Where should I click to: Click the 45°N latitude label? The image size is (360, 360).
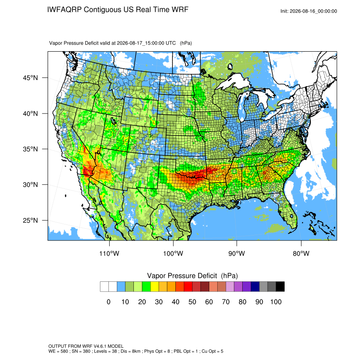click(30, 78)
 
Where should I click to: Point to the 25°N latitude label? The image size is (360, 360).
click(30, 220)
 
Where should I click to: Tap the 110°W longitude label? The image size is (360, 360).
click(109, 253)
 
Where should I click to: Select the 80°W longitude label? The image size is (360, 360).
click(301, 253)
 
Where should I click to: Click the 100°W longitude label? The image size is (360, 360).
click(173, 253)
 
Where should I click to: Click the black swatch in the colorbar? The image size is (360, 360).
click(280, 287)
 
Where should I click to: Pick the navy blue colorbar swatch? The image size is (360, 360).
click(255, 287)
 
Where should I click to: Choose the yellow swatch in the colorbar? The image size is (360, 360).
click(155, 287)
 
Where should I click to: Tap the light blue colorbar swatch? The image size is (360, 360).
click(121, 287)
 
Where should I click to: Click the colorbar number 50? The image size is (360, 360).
click(192, 302)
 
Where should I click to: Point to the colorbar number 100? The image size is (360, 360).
click(276, 302)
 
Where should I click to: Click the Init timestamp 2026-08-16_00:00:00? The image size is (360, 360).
click(313, 11)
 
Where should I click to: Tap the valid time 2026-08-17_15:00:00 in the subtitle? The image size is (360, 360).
click(146, 43)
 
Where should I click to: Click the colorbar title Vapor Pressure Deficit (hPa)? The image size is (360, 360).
click(192, 276)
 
